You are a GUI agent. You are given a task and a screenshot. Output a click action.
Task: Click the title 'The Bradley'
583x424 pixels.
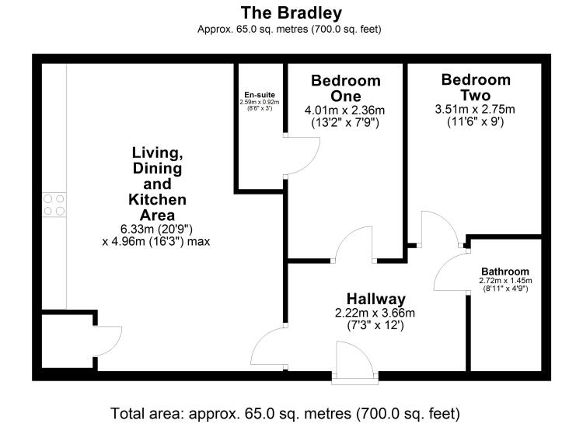291,12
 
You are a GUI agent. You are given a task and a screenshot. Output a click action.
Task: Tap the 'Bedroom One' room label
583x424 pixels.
345,88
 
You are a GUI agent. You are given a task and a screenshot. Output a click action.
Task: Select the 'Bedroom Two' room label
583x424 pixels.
475,87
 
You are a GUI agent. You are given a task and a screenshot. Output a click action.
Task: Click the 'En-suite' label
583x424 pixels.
259,94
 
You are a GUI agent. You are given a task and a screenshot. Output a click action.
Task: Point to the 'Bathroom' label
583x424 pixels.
504,271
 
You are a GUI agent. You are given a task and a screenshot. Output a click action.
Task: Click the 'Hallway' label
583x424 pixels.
376,299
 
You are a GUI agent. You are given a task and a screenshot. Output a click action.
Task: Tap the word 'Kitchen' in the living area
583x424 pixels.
157,200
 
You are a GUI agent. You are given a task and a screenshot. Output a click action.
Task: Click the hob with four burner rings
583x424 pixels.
54,205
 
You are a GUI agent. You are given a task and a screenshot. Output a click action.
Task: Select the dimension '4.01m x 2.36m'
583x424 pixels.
345,110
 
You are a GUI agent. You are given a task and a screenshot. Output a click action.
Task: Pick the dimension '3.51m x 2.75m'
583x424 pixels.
475,109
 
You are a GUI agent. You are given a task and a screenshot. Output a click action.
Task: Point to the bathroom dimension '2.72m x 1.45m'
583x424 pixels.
504,280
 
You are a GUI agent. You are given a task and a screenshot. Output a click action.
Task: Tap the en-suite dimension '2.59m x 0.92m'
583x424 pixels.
259,102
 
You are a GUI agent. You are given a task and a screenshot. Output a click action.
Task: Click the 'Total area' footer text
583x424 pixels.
291,412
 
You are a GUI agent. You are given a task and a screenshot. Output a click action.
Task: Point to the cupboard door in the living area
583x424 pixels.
108,342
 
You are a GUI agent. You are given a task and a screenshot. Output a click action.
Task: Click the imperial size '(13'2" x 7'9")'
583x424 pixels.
345,122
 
